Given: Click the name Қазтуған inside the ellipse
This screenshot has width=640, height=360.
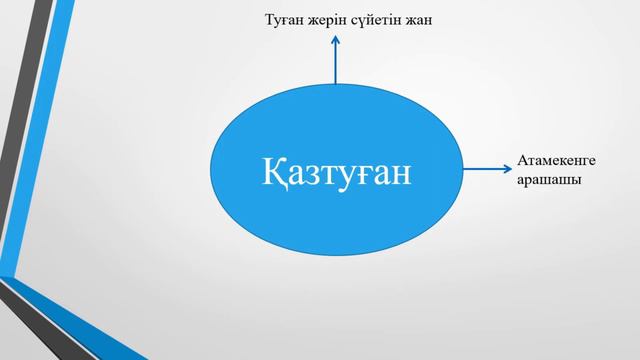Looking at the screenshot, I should click(x=338, y=172).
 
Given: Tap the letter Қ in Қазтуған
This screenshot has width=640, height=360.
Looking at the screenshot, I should click(x=276, y=171).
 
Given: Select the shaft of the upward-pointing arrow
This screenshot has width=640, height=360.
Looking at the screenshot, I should click(x=336, y=65).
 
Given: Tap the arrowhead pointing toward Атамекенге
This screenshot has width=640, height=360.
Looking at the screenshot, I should click(x=507, y=171).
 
